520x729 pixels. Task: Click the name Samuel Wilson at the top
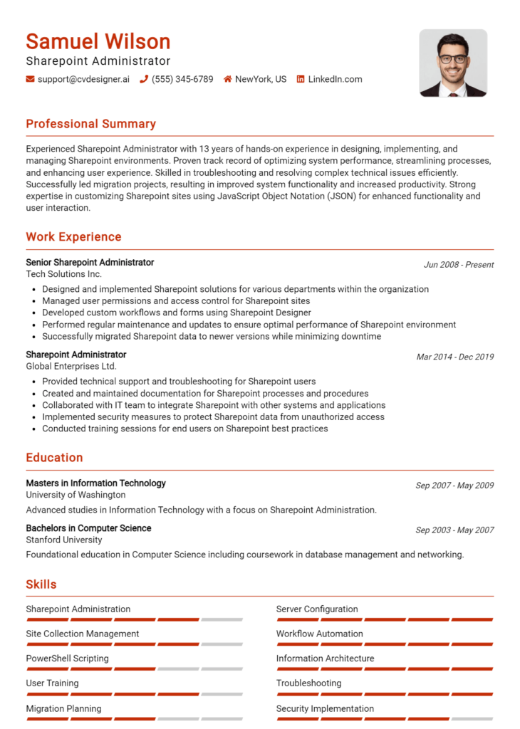pyautogui.click(x=98, y=41)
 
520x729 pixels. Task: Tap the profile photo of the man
pyautogui.click(x=453, y=63)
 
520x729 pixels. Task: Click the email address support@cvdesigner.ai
pyautogui.click(x=83, y=79)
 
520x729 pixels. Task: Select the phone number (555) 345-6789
pyautogui.click(x=182, y=79)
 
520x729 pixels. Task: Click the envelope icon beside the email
pyautogui.click(x=30, y=79)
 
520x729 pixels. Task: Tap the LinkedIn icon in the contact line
pyautogui.click(x=301, y=79)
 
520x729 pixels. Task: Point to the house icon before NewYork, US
pyautogui.click(x=228, y=79)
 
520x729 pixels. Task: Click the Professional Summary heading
pyautogui.click(x=90, y=124)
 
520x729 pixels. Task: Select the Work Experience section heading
pyautogui.click(x=73, y=237)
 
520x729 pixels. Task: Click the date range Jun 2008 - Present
pyautogui.click(x=459, y=265)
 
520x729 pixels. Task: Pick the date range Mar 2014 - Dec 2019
pyautogui.click(x=455, y=357)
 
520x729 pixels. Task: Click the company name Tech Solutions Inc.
pyautogui.click(x=64, y=274)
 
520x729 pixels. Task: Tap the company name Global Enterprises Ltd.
pyautogui.click(x=71, y=366)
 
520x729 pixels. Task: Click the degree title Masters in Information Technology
pyautogui.click(x=95, y=483)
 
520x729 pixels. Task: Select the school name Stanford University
pyautogui.click(x=64, y=540)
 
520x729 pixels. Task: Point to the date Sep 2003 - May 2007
pyautogui.click(x=454, y=530)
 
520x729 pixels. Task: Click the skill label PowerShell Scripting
pyautogui.click(x=67, y=659)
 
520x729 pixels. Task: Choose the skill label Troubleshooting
pyautogui.click(x=308, y=683)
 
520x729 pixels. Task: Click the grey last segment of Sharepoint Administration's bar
pyautogui.click(x=222, y=619)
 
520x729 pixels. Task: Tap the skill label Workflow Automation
pyautogui.click(x=319, y=634)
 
